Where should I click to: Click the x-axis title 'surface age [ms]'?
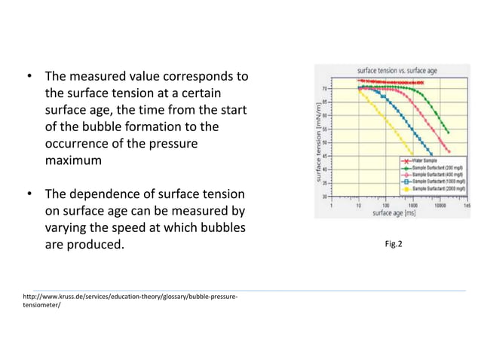tap(394, 213)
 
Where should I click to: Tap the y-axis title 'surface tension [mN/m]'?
tap(320, 143)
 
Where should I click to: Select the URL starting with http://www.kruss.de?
tap(131, 297)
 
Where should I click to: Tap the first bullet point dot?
tap(29, 77)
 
